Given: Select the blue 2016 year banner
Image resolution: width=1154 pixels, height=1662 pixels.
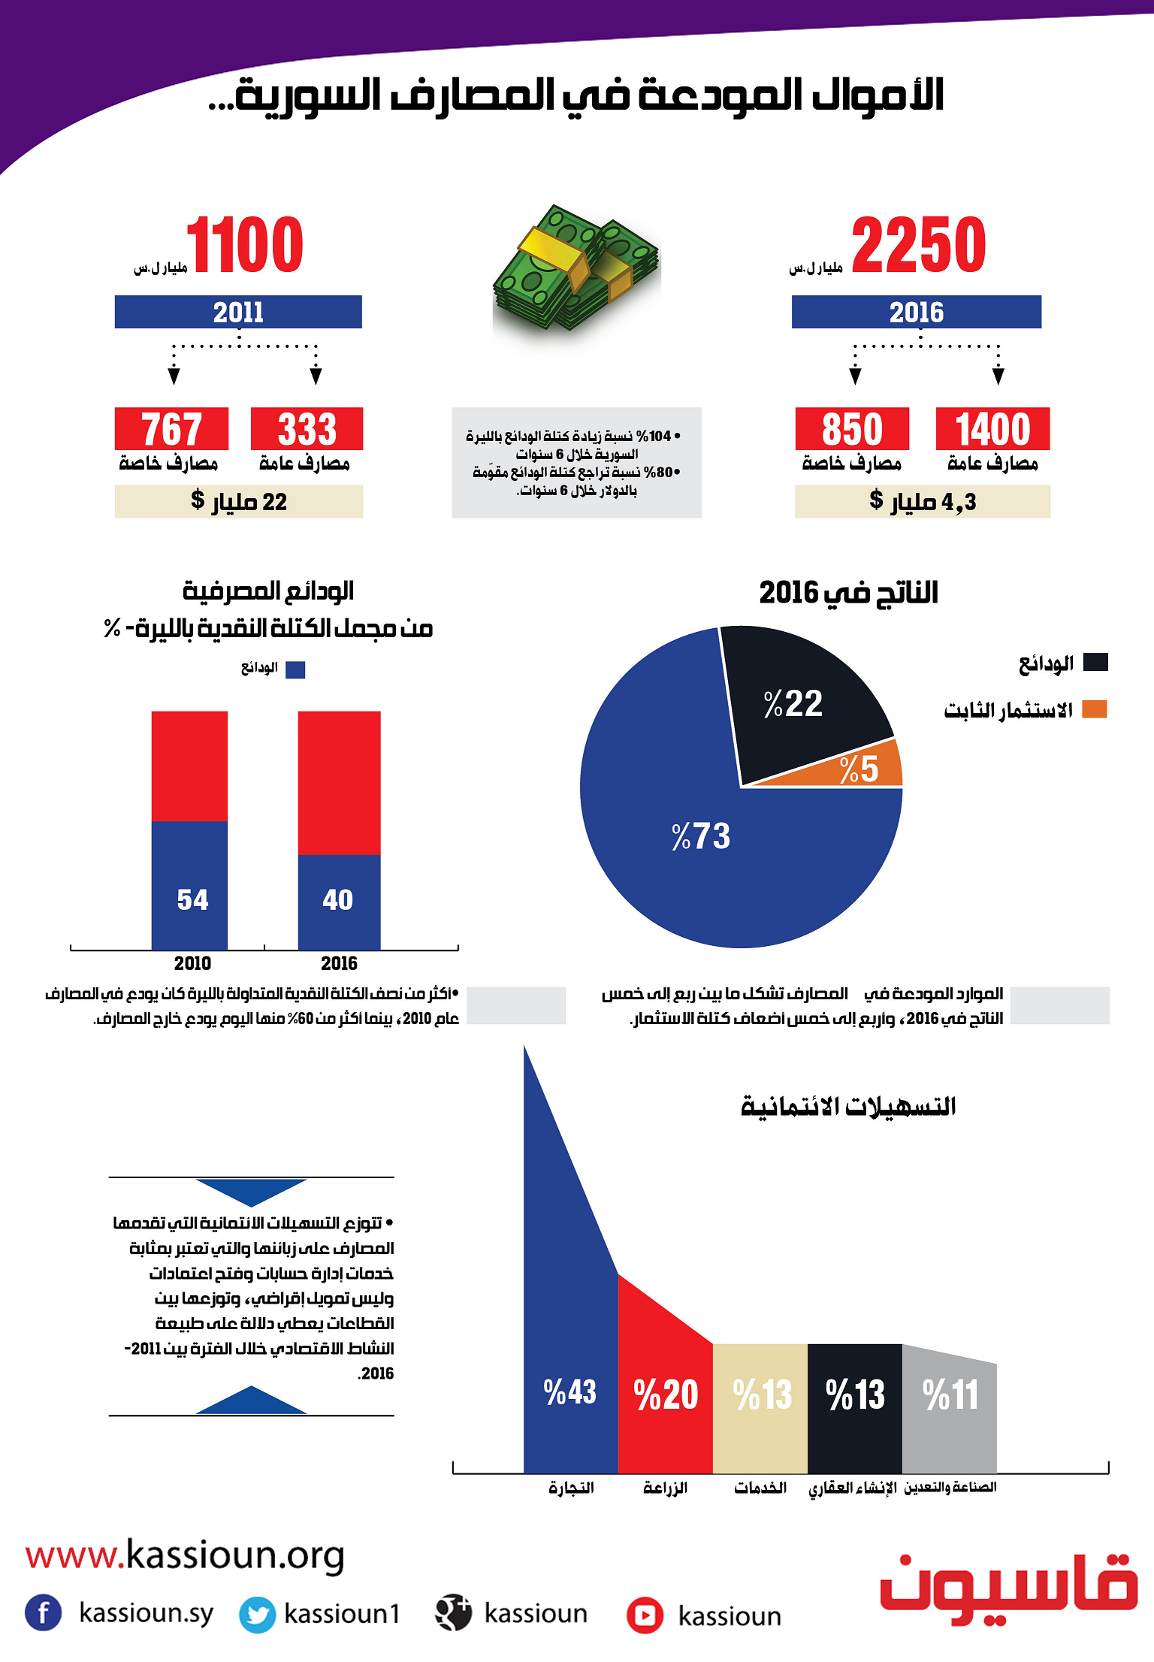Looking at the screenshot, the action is click(x=917, y=312).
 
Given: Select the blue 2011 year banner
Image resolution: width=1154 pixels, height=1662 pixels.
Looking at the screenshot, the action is click(x=238, y=312).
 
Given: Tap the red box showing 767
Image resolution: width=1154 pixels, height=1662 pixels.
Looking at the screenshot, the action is click(x=171, y=429).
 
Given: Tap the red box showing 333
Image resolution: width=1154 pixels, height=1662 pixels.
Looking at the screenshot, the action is click(x=307, y=429).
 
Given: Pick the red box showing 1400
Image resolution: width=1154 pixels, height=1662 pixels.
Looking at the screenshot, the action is click(x=992, y=429).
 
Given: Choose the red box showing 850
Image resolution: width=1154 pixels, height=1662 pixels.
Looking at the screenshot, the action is click(x=852, y=429).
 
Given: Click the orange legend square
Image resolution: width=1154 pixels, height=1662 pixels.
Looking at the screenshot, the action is click(x=1095, y=709).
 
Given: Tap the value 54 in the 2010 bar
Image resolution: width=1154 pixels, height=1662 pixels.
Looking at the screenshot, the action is click(x=192, y=899).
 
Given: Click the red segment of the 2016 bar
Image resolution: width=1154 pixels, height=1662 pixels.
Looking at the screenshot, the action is click(x=339, y=783).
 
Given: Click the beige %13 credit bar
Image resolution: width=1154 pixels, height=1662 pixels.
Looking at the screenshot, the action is click(x=760, y=1409).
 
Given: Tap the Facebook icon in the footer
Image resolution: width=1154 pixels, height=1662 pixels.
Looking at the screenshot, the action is click(x=44, y=1612).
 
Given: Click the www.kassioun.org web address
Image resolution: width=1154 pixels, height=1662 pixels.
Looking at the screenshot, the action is click(x=185, y=1555).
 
